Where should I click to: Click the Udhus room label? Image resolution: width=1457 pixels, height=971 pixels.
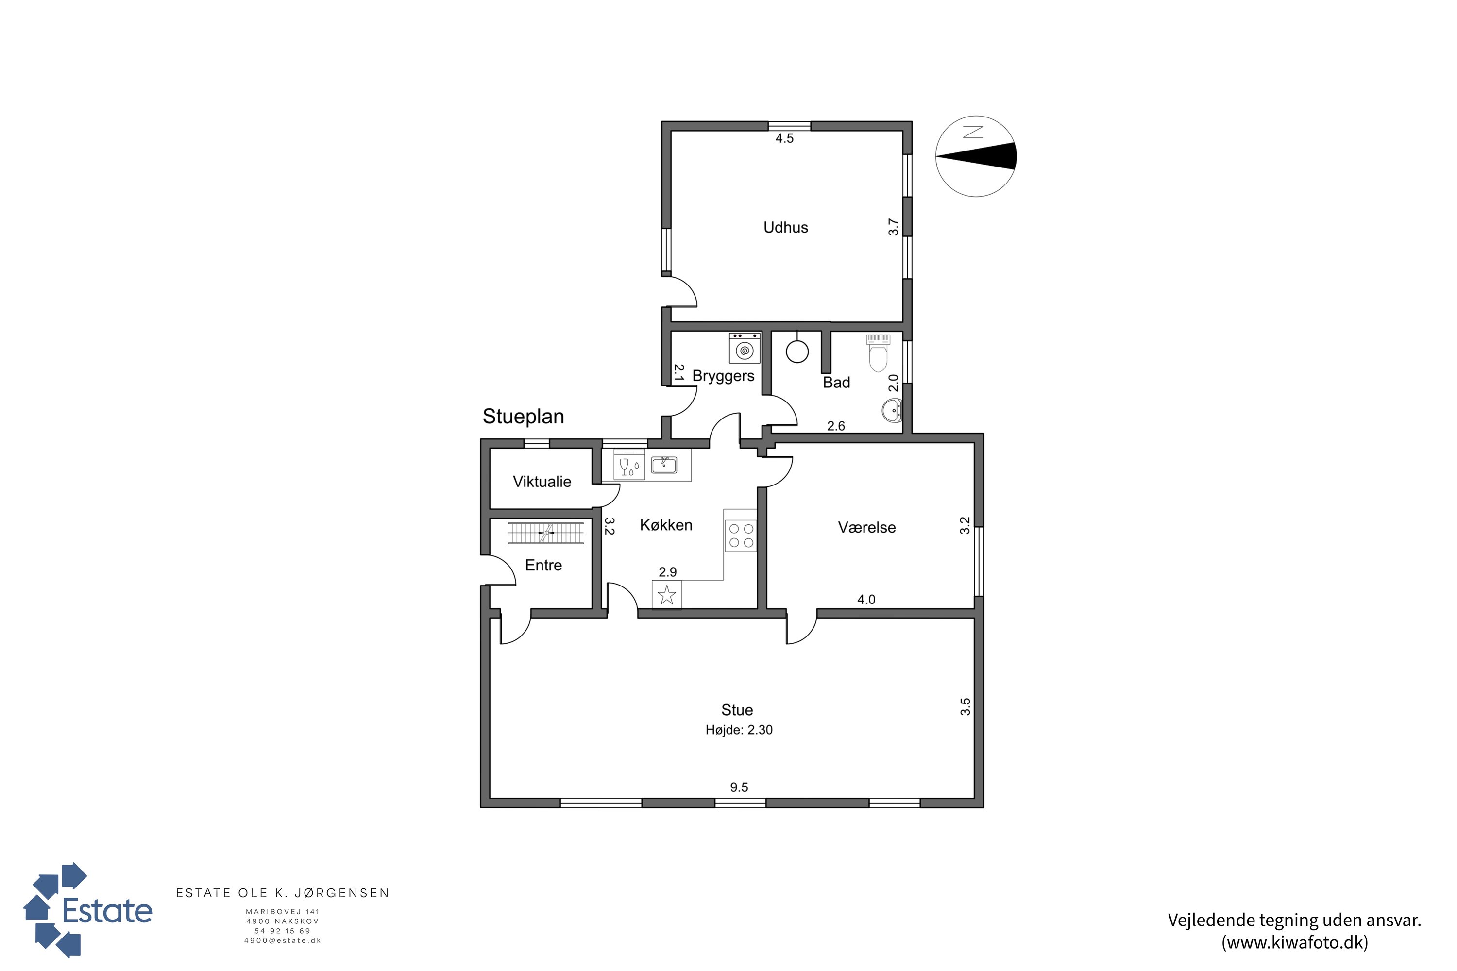[x=785, y=227]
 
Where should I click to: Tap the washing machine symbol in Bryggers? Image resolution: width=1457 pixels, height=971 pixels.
[x=745, y=348]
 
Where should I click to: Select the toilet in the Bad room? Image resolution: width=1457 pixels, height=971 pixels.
[x=878, y=352]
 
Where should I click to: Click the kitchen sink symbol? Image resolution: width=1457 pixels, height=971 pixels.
[x=664, y=465]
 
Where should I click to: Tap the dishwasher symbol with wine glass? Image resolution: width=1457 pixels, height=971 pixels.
[x=629, y=465]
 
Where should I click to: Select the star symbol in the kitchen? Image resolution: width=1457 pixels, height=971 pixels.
[x=666, y=595]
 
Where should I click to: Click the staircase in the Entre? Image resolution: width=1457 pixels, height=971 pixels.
[x=546, y=533]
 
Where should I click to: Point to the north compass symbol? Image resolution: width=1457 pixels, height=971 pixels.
[x=976, y=156]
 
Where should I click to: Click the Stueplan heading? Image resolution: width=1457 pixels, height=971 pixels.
[x=524, y=417]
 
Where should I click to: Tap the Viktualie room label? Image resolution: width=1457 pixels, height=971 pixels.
[x=542, y=482]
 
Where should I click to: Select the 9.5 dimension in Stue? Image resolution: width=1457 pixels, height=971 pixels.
[x=739, y=787]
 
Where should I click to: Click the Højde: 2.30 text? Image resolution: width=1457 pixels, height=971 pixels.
[x=739, y=730]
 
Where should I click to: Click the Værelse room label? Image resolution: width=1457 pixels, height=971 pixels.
[x=866, y=528]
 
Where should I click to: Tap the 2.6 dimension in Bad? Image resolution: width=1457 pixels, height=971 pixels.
[x=836, y=426]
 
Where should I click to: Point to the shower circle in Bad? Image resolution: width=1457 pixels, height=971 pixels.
[x=797, y=351]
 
